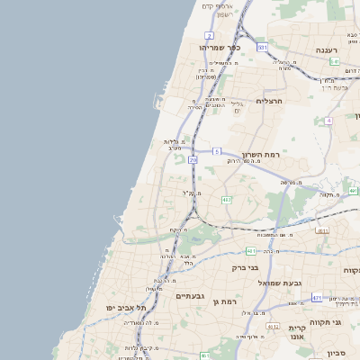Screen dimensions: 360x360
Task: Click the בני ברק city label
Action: [245, 267]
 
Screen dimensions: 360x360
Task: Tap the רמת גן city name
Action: [226, 301]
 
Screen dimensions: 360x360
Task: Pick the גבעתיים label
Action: [191, 295]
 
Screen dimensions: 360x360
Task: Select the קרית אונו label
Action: [299, 334]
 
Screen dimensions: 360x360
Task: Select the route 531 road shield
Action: [262, 47]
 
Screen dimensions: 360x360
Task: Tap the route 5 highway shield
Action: [216, 151]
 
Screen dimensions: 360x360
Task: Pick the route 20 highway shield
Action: [193, 160]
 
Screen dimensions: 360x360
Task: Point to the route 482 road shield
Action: [226, 200]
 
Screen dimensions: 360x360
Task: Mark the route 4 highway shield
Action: [328, 121]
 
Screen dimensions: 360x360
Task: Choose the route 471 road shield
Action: [317, 297]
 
